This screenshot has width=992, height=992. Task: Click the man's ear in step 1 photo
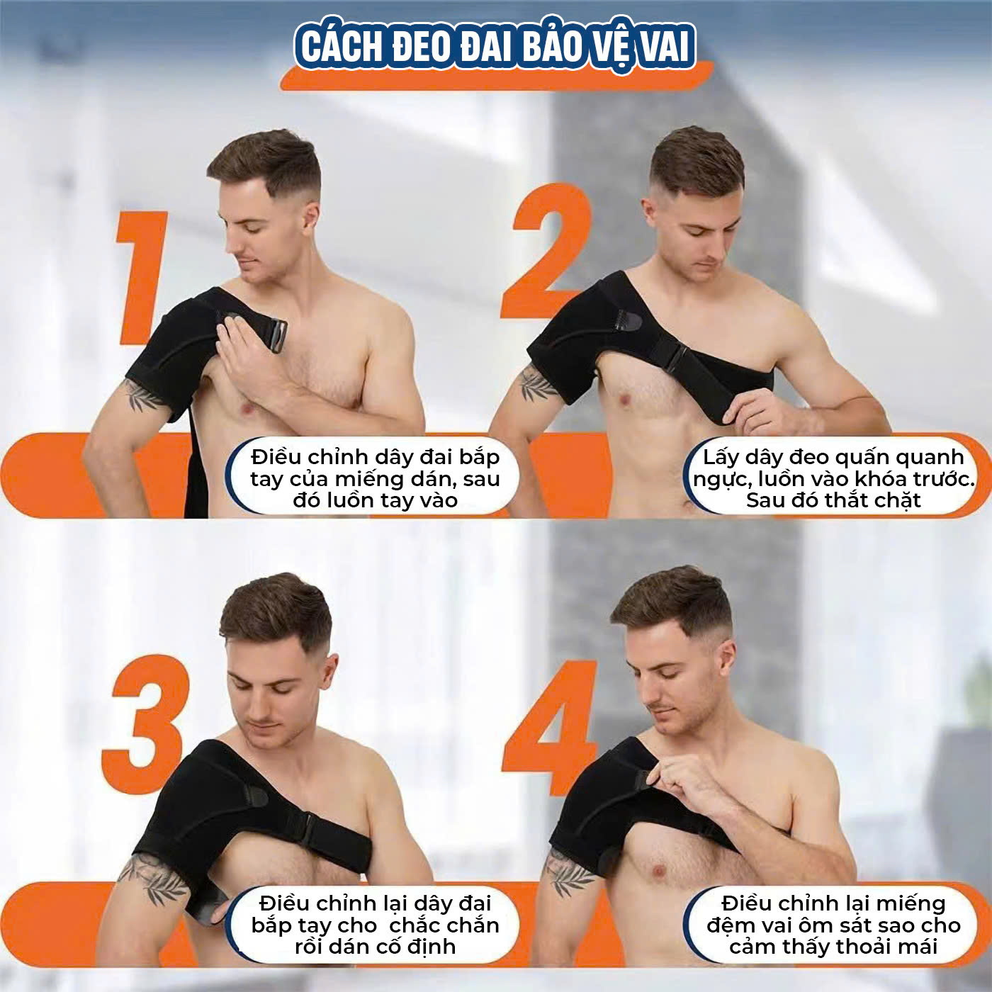(x=309, y=214)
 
